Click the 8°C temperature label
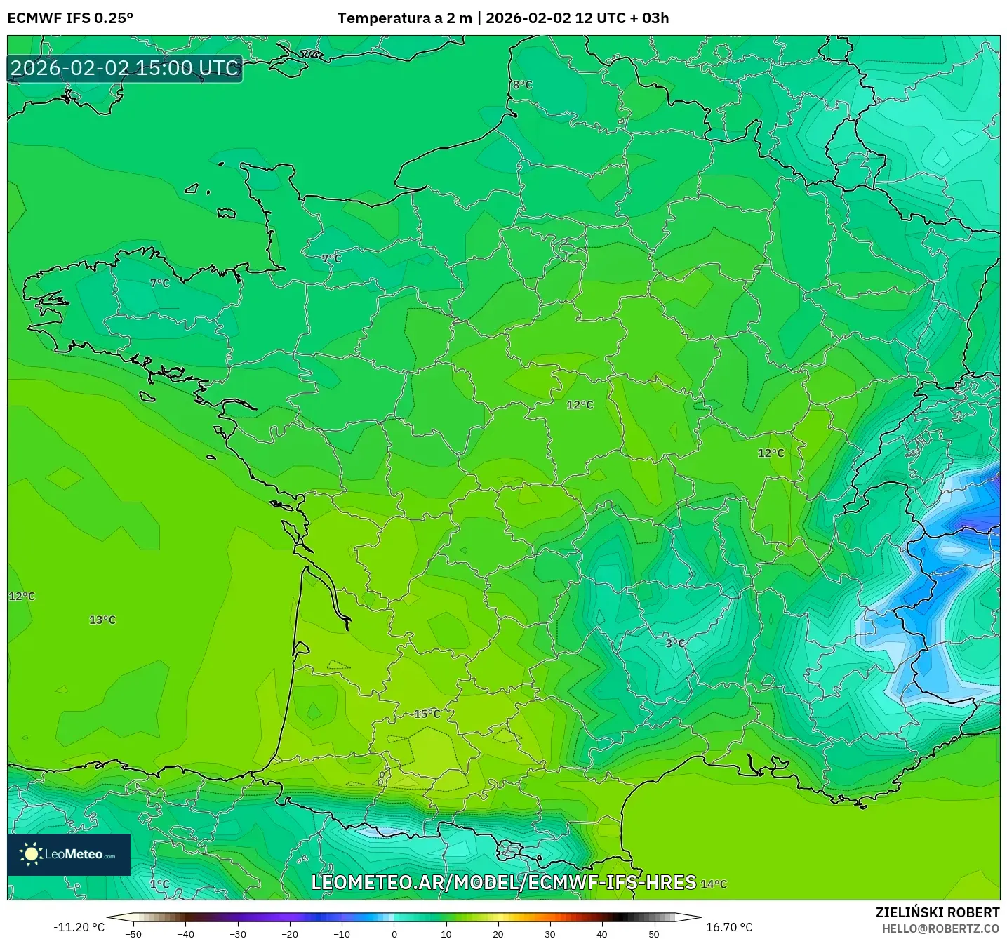click(522, 85)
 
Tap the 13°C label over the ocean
click(102, 620)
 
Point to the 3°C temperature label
click(675, 643)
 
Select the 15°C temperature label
click(427, 714)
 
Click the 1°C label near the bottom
click(159, 884)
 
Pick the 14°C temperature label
click(714, 884)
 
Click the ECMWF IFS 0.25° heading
click(70, 18)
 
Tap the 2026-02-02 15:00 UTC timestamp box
click(125, 68)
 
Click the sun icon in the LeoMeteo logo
click(31, 854)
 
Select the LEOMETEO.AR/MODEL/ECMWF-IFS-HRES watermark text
click(503, 883)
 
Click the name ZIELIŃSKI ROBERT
click(938, 912)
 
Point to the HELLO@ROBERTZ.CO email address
click(940, 928)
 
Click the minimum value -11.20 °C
click(79, 927)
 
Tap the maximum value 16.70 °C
click(729, 927)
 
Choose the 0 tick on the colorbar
click(394, 933)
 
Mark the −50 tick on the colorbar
click(133, 933)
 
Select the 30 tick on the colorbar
click(550, 933)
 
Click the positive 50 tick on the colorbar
click(654, 933)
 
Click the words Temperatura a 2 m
click(405, 18)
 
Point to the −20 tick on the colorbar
click(290, 933)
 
